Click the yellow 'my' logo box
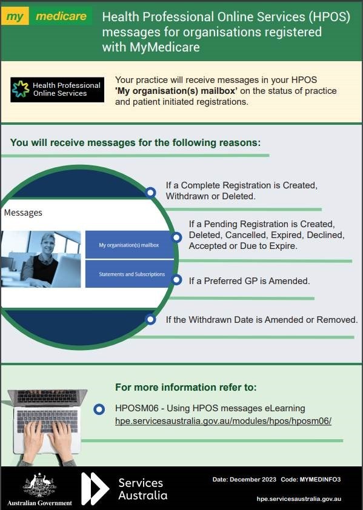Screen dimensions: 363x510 coord(15,16)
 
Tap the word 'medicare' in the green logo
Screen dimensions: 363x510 coord(61,16)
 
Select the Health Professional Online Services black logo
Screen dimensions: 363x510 coord(58,90)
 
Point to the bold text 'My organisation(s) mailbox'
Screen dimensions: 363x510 coord(176,91)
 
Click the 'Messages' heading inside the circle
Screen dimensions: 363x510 coord(23,213)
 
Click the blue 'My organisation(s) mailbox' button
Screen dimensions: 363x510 coord(129,245)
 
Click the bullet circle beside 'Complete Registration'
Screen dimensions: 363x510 coord(150,192)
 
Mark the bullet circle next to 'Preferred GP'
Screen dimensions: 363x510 coord(176,280)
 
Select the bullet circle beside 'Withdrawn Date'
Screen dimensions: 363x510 coord(150,319)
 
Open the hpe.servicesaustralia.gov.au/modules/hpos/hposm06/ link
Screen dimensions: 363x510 coord(224,421)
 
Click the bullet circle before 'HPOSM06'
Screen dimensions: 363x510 coord(99,409)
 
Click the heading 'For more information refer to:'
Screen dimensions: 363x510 coord(186,387)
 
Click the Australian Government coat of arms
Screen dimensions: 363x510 coord(39,485)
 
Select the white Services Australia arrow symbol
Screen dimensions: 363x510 coord(95,489)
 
